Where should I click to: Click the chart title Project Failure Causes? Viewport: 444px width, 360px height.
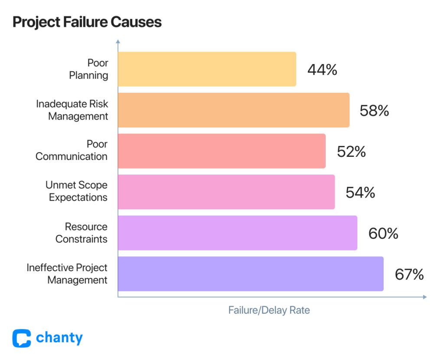pos(87,22)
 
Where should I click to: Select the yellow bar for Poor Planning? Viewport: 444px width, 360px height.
pos(207,69)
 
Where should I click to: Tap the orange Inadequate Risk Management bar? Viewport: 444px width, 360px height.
pos(233,110)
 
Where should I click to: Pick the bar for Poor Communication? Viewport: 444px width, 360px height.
pos(222,151)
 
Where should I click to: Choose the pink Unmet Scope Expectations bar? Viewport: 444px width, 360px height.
pos(226,192)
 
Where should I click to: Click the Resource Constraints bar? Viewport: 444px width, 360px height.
pos(237,233)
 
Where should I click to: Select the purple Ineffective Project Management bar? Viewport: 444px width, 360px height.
pos(251,274)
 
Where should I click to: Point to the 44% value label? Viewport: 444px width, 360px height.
pos(322,70)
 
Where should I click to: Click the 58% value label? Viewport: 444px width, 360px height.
pos(374,111)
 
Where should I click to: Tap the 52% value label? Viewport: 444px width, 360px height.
pos(351,152)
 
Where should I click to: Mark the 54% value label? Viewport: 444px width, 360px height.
pos(360,192)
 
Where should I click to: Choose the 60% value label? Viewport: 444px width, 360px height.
pos(383,234)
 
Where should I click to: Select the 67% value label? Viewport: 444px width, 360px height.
pos(409,275)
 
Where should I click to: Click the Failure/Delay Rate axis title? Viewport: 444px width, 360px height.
pos(269,310)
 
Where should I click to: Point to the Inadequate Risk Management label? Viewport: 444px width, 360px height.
pos(72,110)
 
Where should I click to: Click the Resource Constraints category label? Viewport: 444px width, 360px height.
pos(82,233)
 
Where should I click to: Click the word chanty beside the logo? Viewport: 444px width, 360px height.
pos(59,338)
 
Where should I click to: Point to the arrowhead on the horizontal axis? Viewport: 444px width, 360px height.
pos(424,297)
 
